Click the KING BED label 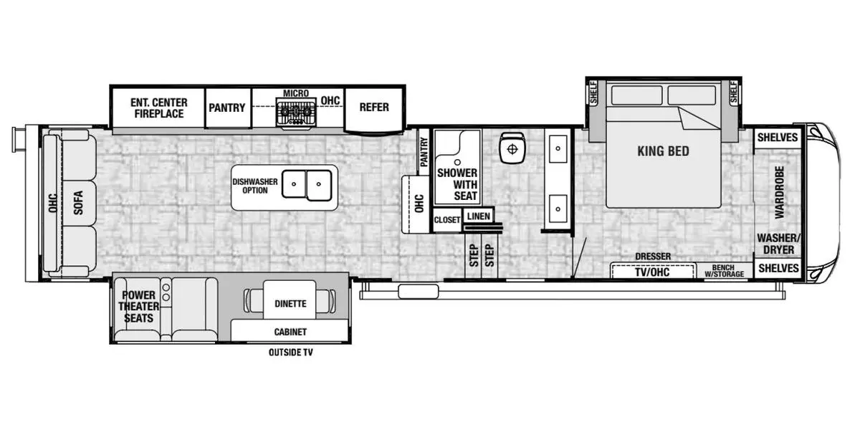click(x=663, y=151)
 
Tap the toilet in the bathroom click(x=512, y=148)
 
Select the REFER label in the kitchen click(x=374, y=107)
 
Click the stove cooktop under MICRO click(x=295, y=112)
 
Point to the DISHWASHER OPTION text click(x=255, y=186)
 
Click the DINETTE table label click(x=290, y=304)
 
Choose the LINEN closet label click(x=479, y=216)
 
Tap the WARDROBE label click(x=779, y=192)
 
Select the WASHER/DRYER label click(x=778, y=244)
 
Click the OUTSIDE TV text click(x=291, y=352)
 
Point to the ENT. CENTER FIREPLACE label click(x=159, y=108)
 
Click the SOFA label click(x=78, y=203)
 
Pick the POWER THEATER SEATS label click(x=138, y=307)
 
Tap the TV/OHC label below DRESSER click(x=652, y=272)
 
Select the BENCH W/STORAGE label click(x=724, y=271)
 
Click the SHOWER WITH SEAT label click(x=457, y=184)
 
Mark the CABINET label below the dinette click(x=290, y=332)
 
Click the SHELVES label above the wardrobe click(x=778, y=138)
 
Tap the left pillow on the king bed click(x=636, y=95)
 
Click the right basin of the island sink click(x=319, y=186)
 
